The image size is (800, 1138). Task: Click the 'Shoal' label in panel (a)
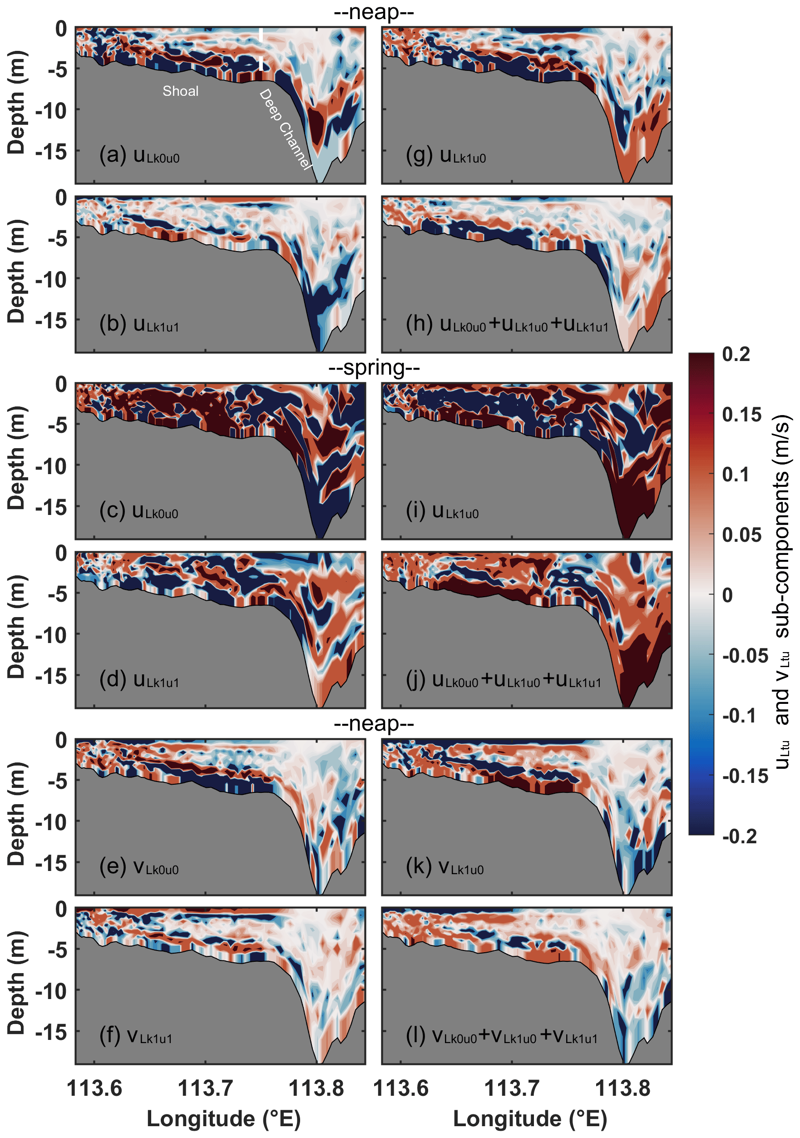180,91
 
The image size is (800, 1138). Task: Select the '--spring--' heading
374,368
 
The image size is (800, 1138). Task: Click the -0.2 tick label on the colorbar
739,836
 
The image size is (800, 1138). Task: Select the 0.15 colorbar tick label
741,414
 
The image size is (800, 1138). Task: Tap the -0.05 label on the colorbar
745,656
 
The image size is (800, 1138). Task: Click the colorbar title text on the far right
782,592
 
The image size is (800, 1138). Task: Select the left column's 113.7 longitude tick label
205,1089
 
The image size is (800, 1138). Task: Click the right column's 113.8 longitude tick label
622,1089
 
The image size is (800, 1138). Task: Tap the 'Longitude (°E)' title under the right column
530,1118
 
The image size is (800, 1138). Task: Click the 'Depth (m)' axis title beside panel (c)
16,459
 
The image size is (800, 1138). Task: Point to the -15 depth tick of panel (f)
51,1033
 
